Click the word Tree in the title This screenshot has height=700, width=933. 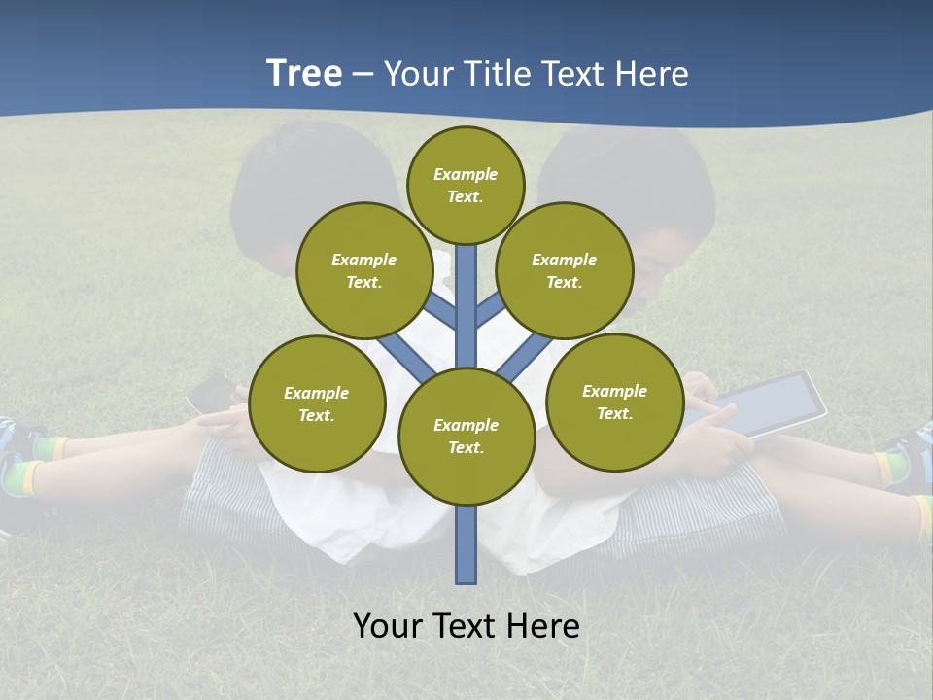click(x=303, y=73)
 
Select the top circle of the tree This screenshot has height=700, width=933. click(x=466, y=185)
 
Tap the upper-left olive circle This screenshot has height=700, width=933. click(x=364, y=270)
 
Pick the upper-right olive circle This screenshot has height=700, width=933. click(x=565, y=270)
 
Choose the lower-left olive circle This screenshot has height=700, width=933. click(x=317, y=403)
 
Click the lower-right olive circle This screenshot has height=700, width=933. click(x=614, y=402)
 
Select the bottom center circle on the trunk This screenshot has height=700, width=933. click(x=466, y=437)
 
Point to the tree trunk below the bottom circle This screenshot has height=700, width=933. click(x=466, y=544)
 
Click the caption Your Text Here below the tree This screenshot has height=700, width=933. click(x=466, y=626)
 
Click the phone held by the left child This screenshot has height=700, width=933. click(x=209, y=394)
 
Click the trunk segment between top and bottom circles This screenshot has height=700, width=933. click(x=466, y=306)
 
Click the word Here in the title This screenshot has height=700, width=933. click(x=654, y=74)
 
